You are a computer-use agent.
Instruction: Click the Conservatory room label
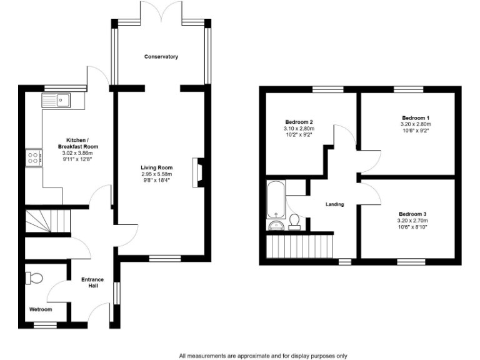click(x=161, y=57)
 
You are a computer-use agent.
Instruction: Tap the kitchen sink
click(x=57, y=99)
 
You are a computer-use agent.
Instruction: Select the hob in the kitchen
click(x=32, y=158)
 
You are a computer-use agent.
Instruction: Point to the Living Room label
click(x=156, y=167)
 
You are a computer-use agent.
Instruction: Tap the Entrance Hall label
click(x=92, y=282)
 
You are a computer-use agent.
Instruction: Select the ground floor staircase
click(x=47, y=221)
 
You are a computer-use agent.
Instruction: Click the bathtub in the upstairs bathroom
click(x=276, y=198)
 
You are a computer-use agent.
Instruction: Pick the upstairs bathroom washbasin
click(x=276, y=226)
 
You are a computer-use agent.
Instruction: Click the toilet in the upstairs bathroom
click(x=294, y=223)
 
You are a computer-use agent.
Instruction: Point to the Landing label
click(x=335, y=204)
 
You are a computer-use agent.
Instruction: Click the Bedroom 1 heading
click(x=416, y=117)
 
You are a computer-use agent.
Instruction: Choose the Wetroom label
click(x=41, y=309)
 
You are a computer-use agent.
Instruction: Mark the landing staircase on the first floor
click(x=301, y=246)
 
